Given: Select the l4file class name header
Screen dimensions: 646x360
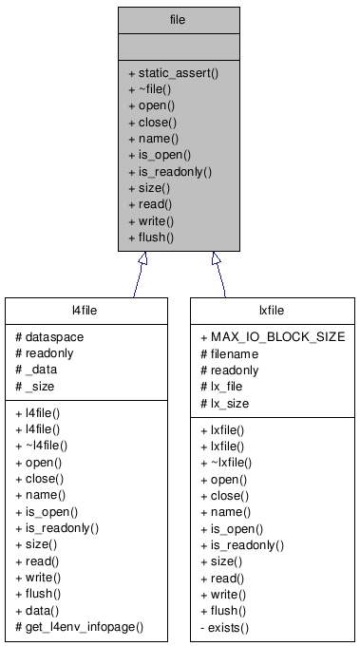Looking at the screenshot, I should point(86,310).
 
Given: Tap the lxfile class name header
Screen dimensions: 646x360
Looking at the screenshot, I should point(272,310).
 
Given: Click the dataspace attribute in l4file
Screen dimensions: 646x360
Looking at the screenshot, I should point(51,337).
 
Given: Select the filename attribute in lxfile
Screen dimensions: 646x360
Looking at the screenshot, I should point(234,354).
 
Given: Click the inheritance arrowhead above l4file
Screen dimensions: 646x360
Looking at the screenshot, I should point(142,258).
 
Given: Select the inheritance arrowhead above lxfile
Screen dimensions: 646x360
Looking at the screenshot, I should point(216,258).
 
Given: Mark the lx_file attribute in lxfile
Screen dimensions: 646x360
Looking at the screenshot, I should point(228,388).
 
